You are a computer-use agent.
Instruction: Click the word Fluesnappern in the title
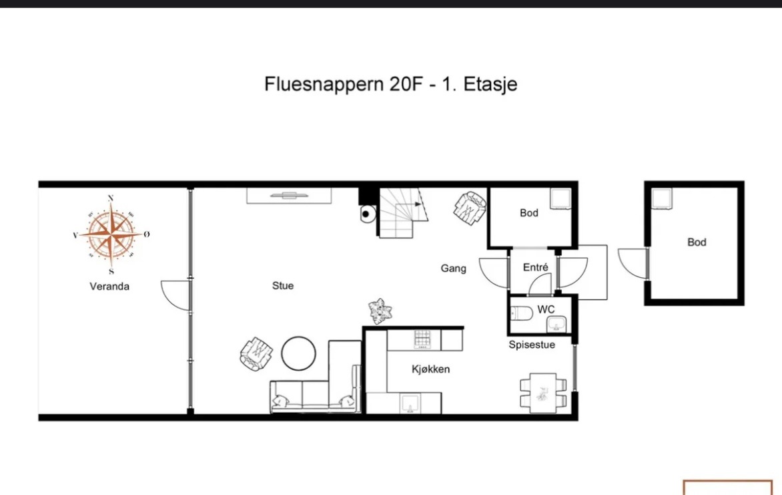click(324, 84)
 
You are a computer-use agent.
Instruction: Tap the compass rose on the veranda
click(111, 234)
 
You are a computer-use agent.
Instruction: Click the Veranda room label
click(109, 286)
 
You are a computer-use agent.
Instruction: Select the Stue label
click(283, 286)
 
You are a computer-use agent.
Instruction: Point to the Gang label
click(453, 269)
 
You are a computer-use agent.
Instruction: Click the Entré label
click(536, 267)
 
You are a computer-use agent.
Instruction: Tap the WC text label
click(546, 310)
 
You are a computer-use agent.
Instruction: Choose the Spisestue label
click(532, 345)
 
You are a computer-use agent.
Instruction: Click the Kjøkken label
click(431, 369)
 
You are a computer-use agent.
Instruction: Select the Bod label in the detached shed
click(697, 242)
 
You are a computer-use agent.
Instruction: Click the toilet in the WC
click(521, 314)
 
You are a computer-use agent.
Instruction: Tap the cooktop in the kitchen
click(422, 339)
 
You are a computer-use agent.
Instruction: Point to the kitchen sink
click(410, 403)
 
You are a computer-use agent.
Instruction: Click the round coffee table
click(298, 353)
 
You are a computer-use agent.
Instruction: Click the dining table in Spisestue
click(543, 393)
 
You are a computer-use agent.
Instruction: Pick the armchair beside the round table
click(256, 353)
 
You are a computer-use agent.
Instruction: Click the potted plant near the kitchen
click(380, 311)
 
